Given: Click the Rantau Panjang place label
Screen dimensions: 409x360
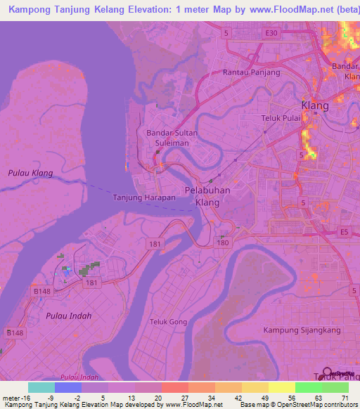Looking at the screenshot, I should [251, 72].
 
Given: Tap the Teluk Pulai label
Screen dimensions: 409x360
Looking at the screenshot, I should [281, 117].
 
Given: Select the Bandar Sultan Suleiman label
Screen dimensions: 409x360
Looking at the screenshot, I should [172, 137].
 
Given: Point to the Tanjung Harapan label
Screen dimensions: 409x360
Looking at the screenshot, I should [144, 197].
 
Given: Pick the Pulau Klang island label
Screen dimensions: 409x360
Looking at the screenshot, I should [30, 173].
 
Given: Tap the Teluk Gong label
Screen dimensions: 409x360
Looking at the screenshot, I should [166, 322].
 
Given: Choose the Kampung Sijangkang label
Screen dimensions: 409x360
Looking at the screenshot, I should [302, 330].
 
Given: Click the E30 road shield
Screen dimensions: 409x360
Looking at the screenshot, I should [271, 32].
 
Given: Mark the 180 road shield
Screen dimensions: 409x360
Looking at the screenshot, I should [222, 243].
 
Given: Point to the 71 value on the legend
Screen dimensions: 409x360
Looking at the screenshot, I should [346, 398].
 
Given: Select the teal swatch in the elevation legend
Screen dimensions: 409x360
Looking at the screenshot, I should [41, 387].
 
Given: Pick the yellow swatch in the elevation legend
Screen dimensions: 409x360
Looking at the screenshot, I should [281, 387].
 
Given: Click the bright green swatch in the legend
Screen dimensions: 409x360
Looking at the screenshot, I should [308, 387].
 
